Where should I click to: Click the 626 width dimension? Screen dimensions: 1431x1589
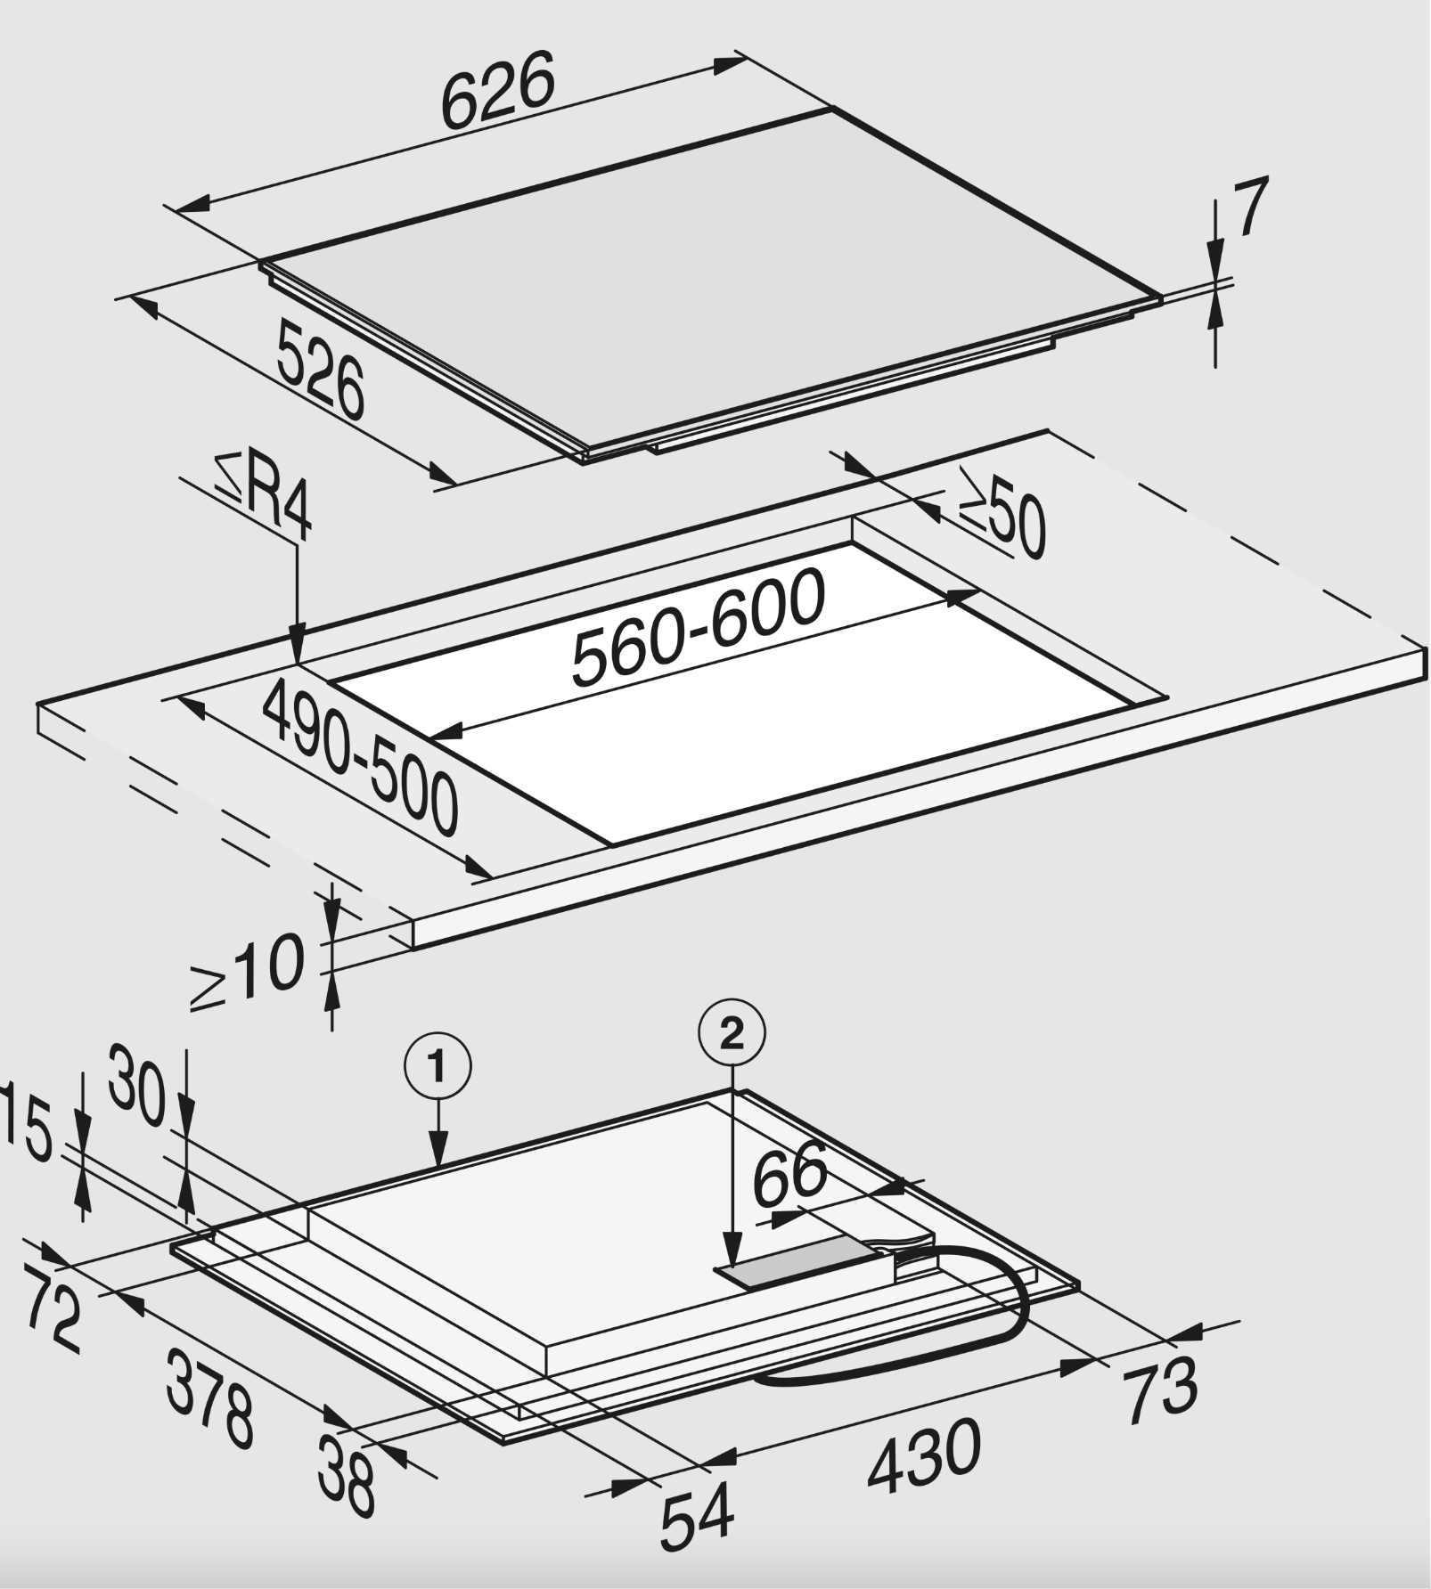click(498, 89)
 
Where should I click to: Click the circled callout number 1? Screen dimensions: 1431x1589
click(437, 1066)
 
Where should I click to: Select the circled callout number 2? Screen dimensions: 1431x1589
click(732, 1034)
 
